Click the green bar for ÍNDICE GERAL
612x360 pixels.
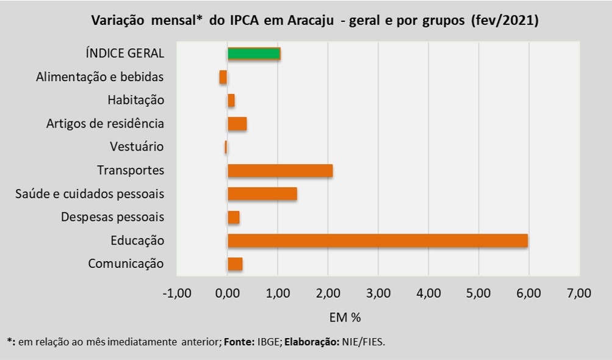pos(254,54)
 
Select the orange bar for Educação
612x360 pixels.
pos(377,240)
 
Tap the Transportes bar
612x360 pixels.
pos(280,171)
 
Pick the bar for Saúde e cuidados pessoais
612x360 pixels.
pos(262,194)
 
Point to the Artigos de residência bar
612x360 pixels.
pos(237,124)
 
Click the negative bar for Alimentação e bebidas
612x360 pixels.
pos(223,77)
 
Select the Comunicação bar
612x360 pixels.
pos(235,264)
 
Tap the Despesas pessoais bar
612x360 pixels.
pos(234,217)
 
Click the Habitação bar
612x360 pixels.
pos(231,101)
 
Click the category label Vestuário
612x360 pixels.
pos(137,147)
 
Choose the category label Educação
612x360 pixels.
pos(137,240)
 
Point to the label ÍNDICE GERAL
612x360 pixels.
pos(125,54)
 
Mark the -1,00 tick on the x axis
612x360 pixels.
pos(177,294)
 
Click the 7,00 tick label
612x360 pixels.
pos(578,294)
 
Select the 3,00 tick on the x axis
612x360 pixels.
pos(378,294)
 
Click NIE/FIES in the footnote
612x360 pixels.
pos(363,342)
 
